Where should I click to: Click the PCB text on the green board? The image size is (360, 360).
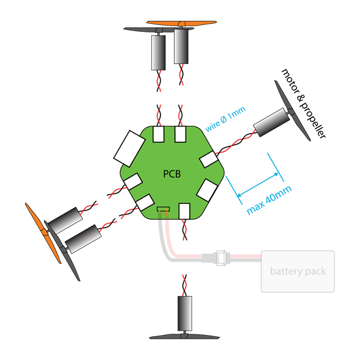[x=171, y=174]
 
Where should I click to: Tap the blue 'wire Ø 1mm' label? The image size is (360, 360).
[x=225, y=119]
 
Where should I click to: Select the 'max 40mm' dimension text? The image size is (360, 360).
[x=269, y=200]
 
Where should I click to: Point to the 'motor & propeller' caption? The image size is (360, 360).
[x=303, y=104]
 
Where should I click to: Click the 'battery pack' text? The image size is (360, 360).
[x=298, y=272]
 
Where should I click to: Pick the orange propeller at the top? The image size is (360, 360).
[x=182, y=23]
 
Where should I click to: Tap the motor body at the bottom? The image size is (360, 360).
[x=185, y=313]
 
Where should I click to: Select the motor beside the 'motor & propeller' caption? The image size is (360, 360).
[x=272, y=123]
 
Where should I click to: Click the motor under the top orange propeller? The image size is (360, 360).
[x=181, y=46]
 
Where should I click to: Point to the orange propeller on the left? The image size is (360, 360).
[x=43, y=233]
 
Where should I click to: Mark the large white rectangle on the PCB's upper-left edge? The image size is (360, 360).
[x=129, y=148]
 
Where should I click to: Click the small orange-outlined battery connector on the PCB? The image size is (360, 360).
[x=164, y=209]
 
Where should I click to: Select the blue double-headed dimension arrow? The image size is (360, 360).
[x=258, y=184]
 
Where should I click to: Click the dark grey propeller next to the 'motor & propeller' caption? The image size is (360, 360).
[x=292, y=110]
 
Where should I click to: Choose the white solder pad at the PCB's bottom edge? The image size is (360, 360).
[x=184, y=211]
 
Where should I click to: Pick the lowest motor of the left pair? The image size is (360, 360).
[x=83, y=239]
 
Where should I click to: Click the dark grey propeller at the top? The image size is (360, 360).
[x=159, y=30]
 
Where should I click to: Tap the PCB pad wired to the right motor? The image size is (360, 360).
[x=208, y=159]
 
